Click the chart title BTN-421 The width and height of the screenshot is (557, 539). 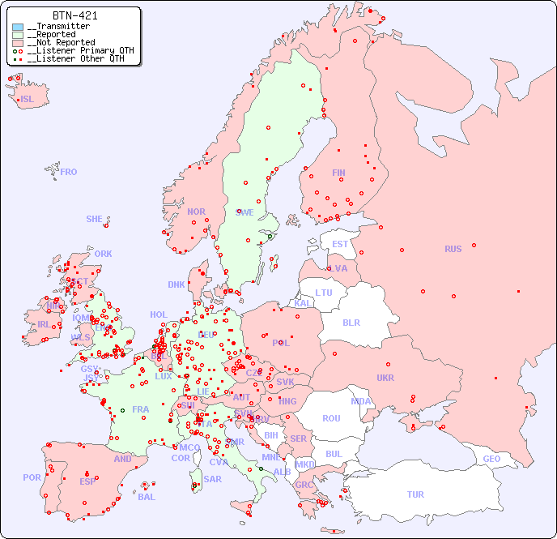click(75, 15)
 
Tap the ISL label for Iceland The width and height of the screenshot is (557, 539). click(28, 100)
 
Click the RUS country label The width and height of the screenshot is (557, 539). click(453, 249)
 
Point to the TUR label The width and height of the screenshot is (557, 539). click(415, 494)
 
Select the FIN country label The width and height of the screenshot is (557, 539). click(338, 173)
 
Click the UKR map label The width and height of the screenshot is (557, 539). click(385, 378)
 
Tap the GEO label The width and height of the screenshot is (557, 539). click(491, 459)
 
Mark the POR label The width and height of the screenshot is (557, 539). click(32, 477)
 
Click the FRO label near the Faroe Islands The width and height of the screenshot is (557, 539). click(69, 172)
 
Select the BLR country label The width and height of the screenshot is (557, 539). click(351, 322)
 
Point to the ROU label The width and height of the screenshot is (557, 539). click(331, 418)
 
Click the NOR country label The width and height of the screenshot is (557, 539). click(196, 212)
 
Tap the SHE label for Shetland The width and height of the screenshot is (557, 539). click(95, 219)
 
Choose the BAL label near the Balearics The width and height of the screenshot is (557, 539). click(146, 497)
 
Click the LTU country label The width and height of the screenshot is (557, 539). click(324, 293)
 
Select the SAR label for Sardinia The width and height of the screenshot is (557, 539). click(213, 479)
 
